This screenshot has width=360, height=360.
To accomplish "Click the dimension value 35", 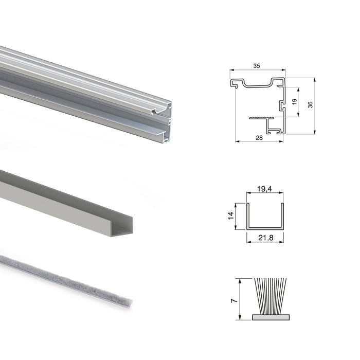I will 257,65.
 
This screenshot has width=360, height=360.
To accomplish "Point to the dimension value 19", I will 294,102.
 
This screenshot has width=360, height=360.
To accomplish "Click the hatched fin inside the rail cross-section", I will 261,118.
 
